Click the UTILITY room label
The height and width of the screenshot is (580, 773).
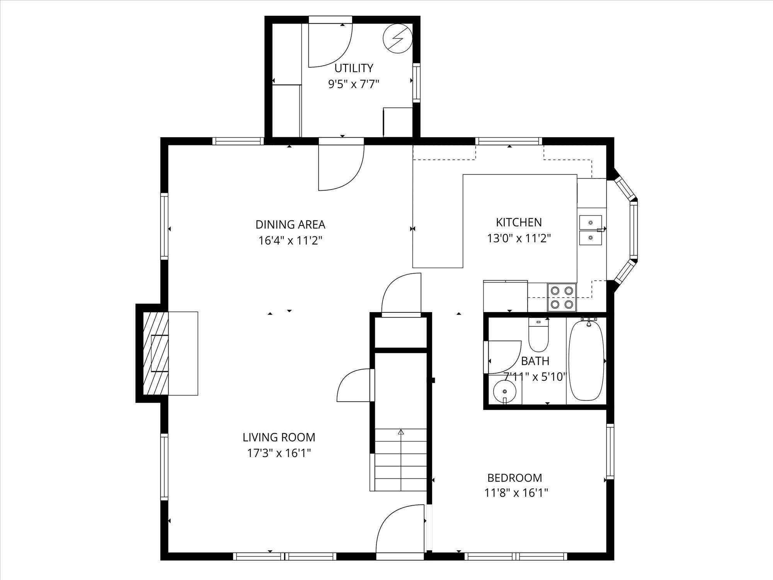coord(354,68)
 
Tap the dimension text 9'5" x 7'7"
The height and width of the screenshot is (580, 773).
coord(354,84)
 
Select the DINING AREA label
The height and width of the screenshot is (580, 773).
coord(290,224)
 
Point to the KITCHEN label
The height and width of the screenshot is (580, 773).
coord(519,222)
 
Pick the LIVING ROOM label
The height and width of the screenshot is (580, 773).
coord(279,437)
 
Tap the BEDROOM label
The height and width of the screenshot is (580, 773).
coord(514,478)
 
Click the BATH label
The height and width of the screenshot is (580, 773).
coord(535,361)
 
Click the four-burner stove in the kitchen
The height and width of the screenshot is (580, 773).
coord(562,297)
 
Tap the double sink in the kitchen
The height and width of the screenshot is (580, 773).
coord(591,230)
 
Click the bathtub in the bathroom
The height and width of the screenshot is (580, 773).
coord(586,361)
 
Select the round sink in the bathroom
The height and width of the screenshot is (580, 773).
coord(505,392)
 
